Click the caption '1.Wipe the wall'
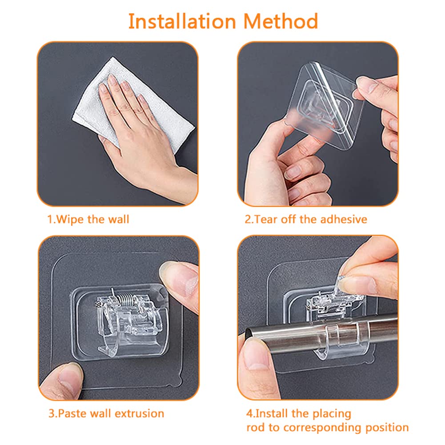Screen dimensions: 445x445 88,219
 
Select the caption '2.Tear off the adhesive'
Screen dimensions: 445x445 307,219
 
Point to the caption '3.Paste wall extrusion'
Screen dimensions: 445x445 106,413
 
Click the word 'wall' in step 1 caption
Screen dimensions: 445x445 118,219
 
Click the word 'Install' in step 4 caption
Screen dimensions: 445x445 270,413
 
